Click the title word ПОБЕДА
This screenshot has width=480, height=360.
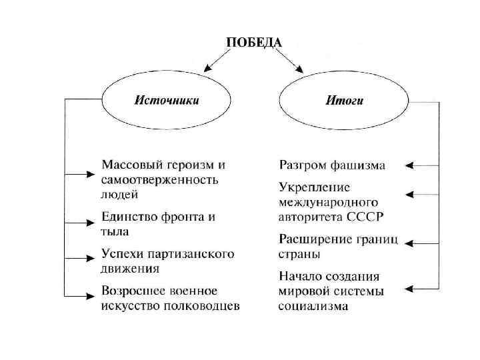(254, 42)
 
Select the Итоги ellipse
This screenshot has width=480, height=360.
(344, 101)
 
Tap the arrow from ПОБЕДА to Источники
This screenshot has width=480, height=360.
(215, 61)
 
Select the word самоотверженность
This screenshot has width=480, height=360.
(159, 180)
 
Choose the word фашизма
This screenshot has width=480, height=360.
(357, 165)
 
